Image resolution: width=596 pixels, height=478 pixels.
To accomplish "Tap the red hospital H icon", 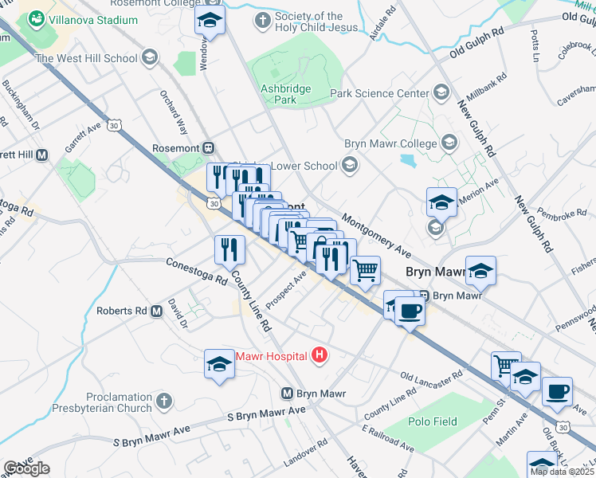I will (320, 355).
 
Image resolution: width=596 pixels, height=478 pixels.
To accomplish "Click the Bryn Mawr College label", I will (390, 144).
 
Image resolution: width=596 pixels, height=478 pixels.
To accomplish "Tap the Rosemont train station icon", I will (209, 147).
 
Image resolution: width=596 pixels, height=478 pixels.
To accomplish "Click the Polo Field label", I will (433, 421).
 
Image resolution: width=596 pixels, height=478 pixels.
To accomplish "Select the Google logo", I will (26, 468).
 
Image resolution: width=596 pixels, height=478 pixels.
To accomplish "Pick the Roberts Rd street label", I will (121, 311).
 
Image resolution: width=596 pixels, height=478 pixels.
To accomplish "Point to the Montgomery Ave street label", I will (376, 235).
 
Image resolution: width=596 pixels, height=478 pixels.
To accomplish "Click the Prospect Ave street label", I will (287, 283).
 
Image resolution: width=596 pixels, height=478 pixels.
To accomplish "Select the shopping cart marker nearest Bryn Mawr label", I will (365, 271).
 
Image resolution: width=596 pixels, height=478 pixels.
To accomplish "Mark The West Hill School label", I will (86, 58).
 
